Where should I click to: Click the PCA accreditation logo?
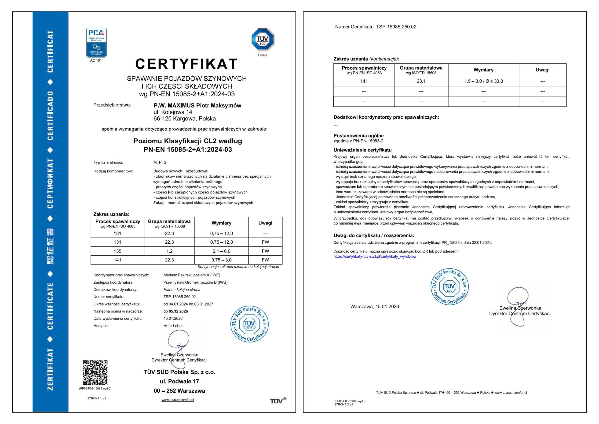click(96, 42)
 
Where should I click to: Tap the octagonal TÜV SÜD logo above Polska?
click(263, 39)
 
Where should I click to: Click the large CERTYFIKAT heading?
click(186, 64)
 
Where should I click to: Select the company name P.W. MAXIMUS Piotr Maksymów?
click(197, 106)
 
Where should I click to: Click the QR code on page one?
click(95, 372)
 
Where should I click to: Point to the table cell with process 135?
click(117, 251)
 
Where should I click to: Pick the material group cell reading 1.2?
click(169, 251)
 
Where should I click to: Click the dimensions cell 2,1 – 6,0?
click(221, 251)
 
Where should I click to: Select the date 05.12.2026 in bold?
click(178, 311)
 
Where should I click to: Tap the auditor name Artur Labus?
click(173, 326)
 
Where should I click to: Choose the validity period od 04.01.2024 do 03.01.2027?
click(188, 304)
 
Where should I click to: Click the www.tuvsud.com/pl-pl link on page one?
click(178, 400)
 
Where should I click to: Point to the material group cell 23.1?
click(421, 81)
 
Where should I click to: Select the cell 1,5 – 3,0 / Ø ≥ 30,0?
click(483, 81)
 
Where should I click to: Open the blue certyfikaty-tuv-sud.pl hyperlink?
click(375, 256)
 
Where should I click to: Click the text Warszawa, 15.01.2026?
click(374, 306)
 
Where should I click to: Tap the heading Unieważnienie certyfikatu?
click(362, 150)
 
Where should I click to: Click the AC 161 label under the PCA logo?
click(96, 61)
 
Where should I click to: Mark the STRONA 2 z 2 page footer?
click(344, 404)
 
